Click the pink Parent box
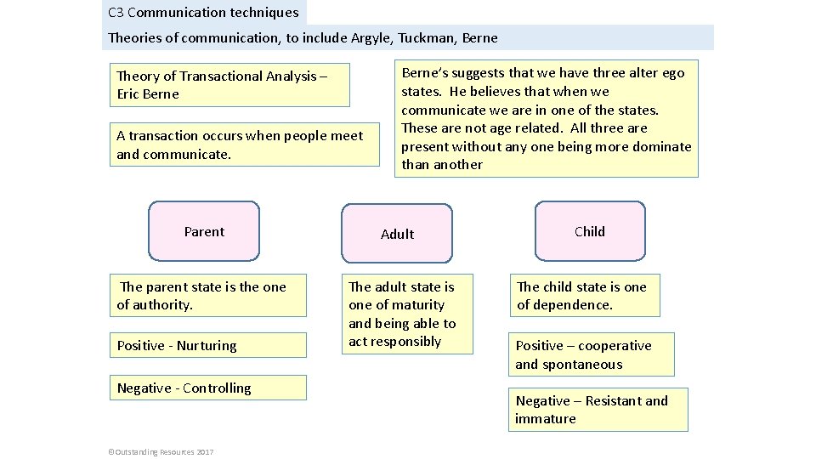204,231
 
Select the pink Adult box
397,234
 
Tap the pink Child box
590,231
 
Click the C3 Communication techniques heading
204,13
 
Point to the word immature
545,419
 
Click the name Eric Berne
148,94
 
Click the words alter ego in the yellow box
655,73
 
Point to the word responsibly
407,342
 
